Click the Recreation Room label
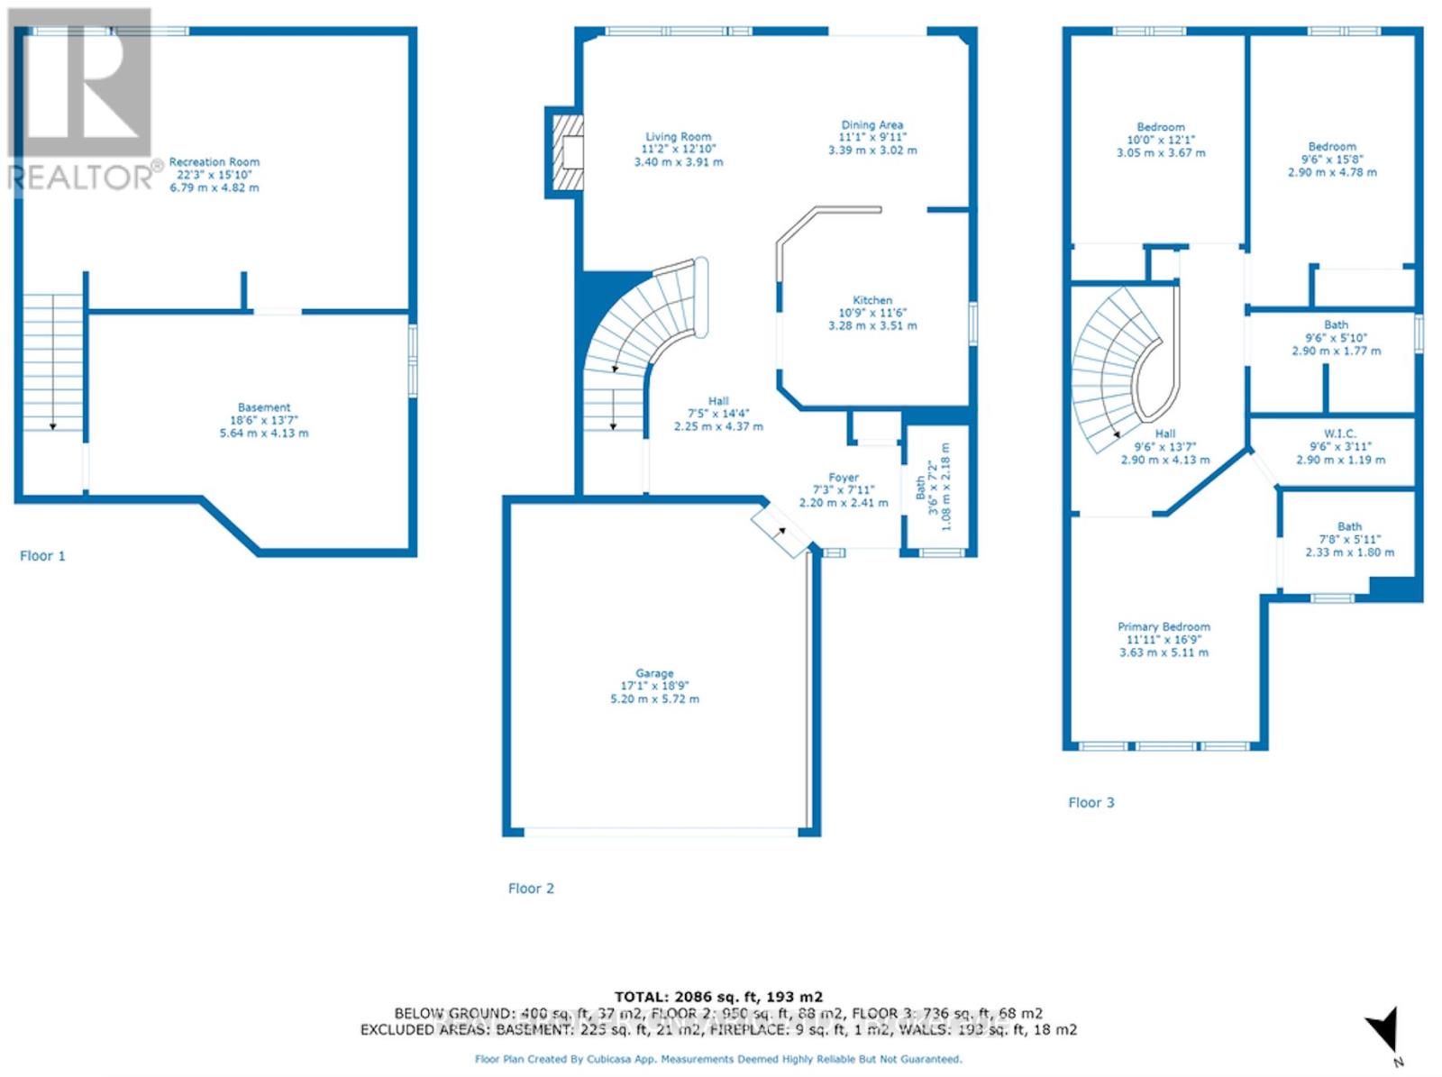tap(214, 174)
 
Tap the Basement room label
tap(264, 420)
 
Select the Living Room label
tap(678, 149)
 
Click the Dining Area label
tap(872, 137)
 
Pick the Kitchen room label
tap(872, 313)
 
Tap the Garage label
tap(654, 686)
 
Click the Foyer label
tap(844, 489)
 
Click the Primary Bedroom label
tap(1164, 639)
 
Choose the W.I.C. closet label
tap(1340, 446)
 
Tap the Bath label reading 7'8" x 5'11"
tap(1349, 539)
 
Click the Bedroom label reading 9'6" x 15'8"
tap(1332, 159)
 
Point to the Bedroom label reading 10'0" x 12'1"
tap(1161, 140)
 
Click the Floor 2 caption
tap(531, 888)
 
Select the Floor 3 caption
tap(1091, 802)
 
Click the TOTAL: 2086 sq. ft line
tap(718, 996)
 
